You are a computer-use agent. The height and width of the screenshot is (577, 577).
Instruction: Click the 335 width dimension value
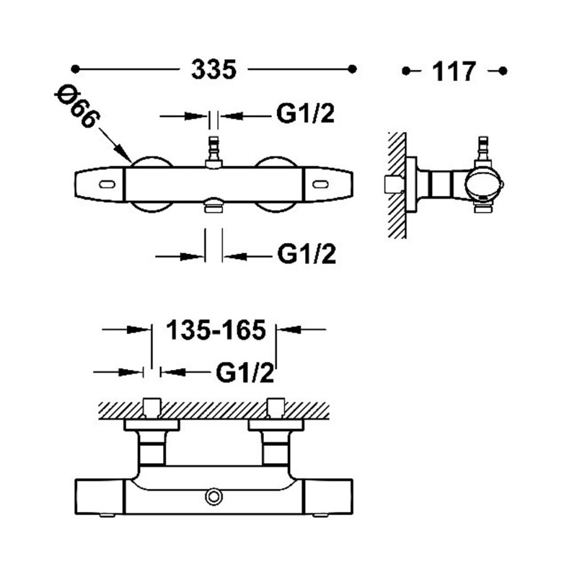(x=214, y=70)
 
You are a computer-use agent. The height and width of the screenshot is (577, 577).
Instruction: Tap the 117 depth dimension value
(x=454, y=71)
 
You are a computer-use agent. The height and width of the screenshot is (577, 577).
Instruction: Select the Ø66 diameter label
(x=75, y=107)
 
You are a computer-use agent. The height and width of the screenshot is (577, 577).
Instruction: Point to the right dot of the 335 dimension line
(x=353, y=69)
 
